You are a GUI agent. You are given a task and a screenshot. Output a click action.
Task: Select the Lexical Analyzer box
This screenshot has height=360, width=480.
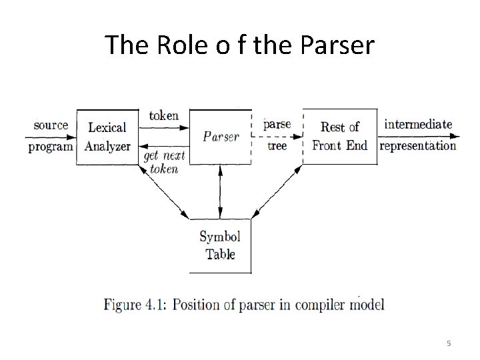pos(108,136)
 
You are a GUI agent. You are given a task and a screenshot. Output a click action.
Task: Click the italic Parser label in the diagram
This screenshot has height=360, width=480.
pos(221,136)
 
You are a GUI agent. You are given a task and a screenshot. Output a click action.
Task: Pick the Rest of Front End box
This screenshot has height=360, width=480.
pos(340,136)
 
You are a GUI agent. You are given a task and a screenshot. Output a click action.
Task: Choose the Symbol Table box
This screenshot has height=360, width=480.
pos(220,245)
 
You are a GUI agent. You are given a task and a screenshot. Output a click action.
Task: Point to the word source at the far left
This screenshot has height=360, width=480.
pos(51,125)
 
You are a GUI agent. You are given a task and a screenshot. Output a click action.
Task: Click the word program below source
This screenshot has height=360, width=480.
pos(51,147)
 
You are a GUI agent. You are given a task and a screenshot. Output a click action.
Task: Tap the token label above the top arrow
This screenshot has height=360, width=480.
pos(163,115)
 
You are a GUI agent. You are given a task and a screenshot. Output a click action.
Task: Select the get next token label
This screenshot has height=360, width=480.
pos(163,162)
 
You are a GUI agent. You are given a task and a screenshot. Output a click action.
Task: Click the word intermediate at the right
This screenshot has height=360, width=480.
pos(418,124)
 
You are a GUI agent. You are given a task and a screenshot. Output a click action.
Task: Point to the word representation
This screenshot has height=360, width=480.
pos(418,146)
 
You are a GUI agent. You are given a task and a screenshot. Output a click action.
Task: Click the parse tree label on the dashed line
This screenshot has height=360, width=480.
pos(277,135)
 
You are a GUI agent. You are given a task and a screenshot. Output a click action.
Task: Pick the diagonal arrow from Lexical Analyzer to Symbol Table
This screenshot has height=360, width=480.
pos(162,192)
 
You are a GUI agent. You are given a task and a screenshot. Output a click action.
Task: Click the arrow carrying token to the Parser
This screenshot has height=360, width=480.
pos(163,127)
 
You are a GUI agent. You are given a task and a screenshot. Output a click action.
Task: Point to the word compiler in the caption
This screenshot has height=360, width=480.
pos(321,305)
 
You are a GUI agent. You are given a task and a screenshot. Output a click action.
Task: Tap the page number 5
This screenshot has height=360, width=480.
pos(449,343)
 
